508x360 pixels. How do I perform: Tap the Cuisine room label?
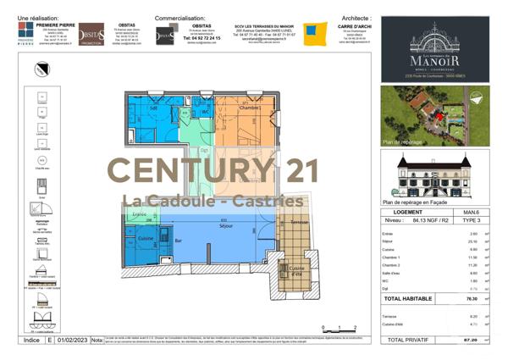[x=146, y=240]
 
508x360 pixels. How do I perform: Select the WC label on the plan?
[x=205, y=112]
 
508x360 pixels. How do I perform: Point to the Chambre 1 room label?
[x=249, y=108]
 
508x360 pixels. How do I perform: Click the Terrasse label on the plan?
[x=299, y=222]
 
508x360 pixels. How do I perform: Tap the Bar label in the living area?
[x=179, y=241]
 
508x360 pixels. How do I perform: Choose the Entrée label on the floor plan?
[x=139, y=215]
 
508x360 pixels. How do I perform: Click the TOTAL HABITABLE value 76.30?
[x=472, y=298]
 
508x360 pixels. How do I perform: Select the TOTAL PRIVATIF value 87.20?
[x=472, y=339]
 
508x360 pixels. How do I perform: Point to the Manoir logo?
[x=434, y=55]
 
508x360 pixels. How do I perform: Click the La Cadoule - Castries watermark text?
[x=213, y=201]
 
